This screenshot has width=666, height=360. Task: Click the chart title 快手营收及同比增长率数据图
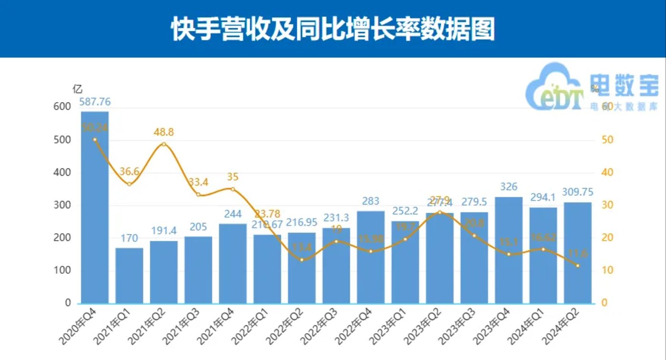pos(333,30)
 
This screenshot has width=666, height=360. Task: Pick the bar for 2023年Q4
pos(509,250)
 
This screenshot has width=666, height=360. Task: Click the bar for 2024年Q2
pos(578,252)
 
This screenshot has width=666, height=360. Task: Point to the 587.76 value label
pos(95,101)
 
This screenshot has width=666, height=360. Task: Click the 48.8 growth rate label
pos(164,133)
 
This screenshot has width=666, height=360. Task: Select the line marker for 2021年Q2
pos(164,144)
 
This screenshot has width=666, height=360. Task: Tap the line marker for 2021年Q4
pos(233,189)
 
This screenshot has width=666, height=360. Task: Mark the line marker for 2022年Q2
pos(302,260)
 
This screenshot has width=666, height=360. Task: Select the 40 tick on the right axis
pos(606,173)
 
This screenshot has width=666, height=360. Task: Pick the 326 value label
pos(509,187)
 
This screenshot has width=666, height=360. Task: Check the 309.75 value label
pos(578,192)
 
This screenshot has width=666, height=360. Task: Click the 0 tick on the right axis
pos(604,303)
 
